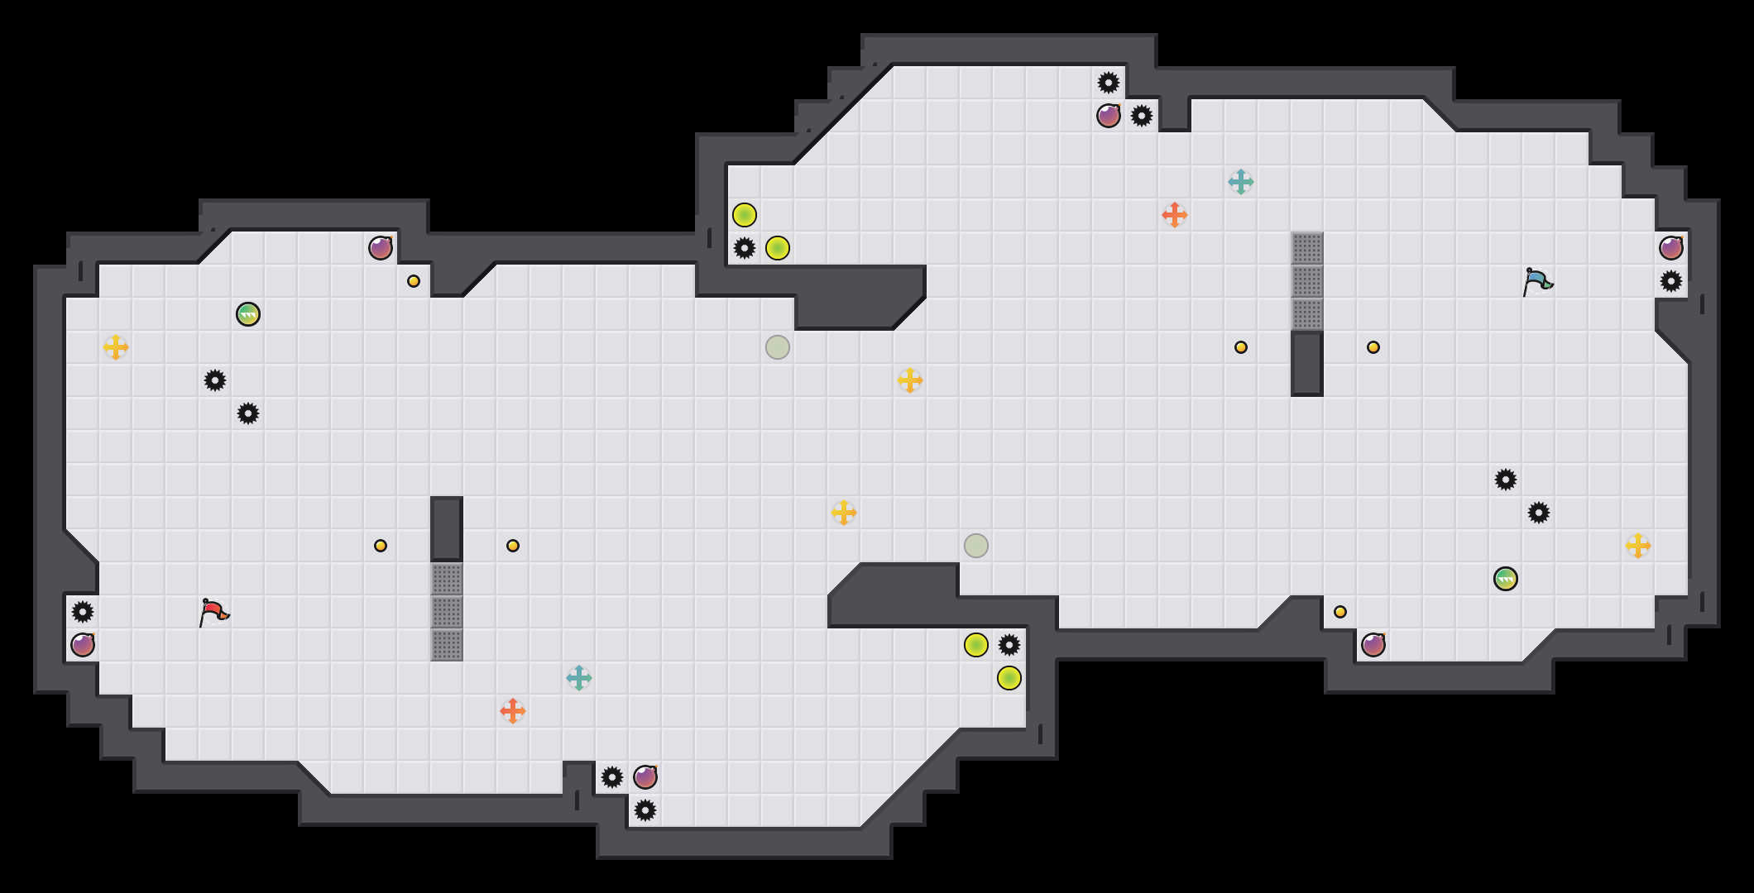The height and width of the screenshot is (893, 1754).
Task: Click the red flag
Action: [x=213, y=612]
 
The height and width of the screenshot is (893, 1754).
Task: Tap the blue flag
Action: [x=1537, y=281]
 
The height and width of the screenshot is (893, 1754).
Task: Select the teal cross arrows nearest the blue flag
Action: [x=1240, y=182]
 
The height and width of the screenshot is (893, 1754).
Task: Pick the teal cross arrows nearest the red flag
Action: [x=579, y=678]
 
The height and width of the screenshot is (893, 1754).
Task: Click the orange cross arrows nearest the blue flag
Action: [x=1174, y=215]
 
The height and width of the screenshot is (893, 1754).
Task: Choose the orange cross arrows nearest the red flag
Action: [x=513, y=711]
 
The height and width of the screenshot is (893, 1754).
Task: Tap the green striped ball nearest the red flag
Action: [x=248, y=314]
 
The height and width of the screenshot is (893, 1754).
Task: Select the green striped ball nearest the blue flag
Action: [x=1505, y=579]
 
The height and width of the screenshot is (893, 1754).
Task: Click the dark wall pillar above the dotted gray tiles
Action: [x=447, y=529]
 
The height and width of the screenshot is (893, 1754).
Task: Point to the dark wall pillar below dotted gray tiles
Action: [x=1306, y=364]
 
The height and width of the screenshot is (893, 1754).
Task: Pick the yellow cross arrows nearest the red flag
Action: [x=116, y=347]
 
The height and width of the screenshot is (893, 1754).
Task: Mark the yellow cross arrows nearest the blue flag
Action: [x=1637, y=546]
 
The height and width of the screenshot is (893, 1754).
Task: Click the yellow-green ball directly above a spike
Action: [x=745, y=215]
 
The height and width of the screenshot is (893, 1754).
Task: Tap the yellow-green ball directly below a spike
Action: [x=1009, y=678]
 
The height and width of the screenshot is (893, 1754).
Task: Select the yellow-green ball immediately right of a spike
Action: [x=778, y=248]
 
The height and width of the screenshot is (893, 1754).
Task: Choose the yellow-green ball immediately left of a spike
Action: [x=976, y=645]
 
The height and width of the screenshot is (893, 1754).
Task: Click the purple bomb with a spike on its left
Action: [x=645, y=777]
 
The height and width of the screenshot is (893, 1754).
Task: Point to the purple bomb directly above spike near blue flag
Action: [x=1670, y=248]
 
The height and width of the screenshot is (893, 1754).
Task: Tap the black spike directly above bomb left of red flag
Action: [x=83, y=612]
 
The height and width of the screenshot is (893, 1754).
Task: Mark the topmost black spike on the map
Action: [x=1108, y=83]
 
